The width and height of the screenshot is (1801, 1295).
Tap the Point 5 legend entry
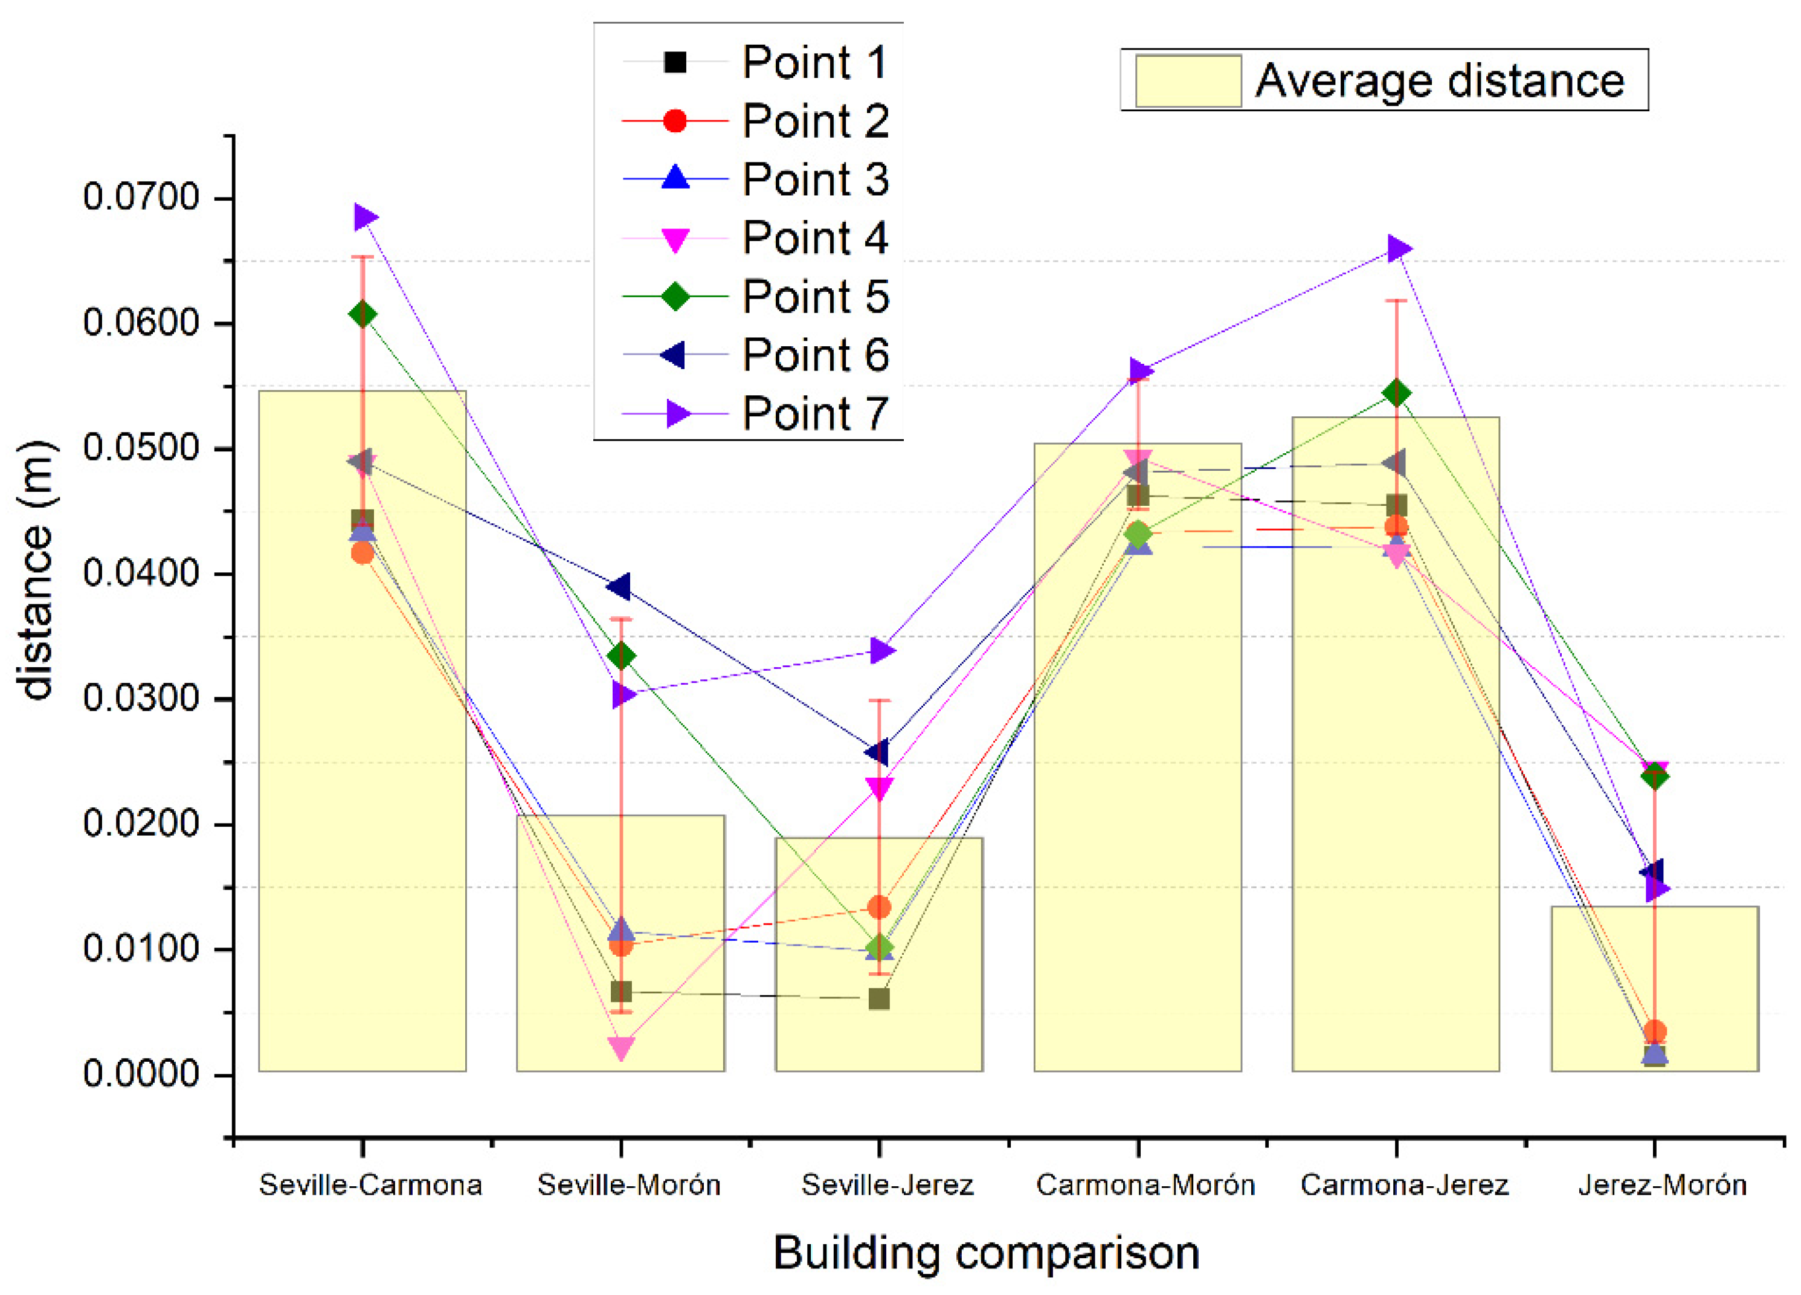coord(815,296)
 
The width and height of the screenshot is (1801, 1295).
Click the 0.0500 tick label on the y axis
coord(141,448)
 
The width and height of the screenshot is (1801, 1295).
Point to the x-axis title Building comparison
coord(985,1253)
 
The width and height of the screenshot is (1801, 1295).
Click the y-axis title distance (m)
coord(36,570)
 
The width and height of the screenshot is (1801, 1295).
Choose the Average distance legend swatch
coord(1188,80)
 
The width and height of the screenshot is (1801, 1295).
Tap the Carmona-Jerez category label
coord(1404,1184)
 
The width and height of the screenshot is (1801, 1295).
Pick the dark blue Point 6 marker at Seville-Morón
coord(619,587)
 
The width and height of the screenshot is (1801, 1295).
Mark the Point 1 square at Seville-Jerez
coord(879,999)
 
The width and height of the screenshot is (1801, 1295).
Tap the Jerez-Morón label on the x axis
coord(1662,1184)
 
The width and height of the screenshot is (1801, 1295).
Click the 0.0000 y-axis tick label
coord(141,1074)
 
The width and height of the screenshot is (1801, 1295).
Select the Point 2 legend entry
coord(815,121)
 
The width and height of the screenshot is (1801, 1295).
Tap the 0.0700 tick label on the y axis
coord(141,197)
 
